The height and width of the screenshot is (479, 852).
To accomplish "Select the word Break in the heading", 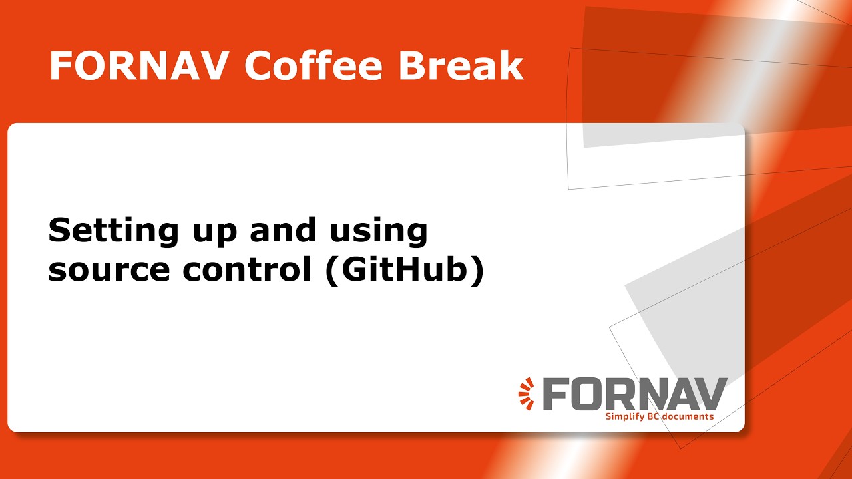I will click(461, 66).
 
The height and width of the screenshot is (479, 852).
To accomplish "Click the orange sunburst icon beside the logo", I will click(527, 393).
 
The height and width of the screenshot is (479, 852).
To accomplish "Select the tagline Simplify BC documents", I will click(659, 416).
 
